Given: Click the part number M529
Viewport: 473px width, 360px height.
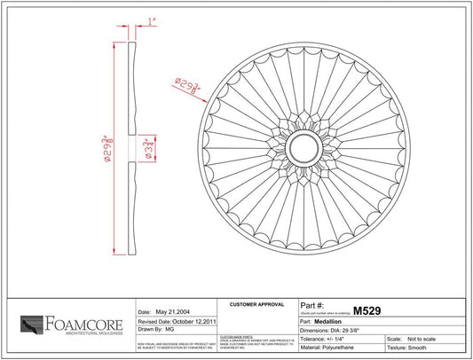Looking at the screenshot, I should (367, 311).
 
